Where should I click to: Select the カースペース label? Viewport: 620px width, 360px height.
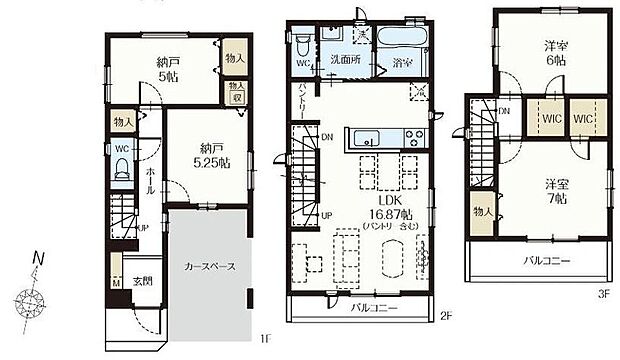pos(208,268)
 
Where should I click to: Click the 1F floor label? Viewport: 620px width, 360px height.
pos(265,340)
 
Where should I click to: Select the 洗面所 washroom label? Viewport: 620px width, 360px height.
pos(347,60)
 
